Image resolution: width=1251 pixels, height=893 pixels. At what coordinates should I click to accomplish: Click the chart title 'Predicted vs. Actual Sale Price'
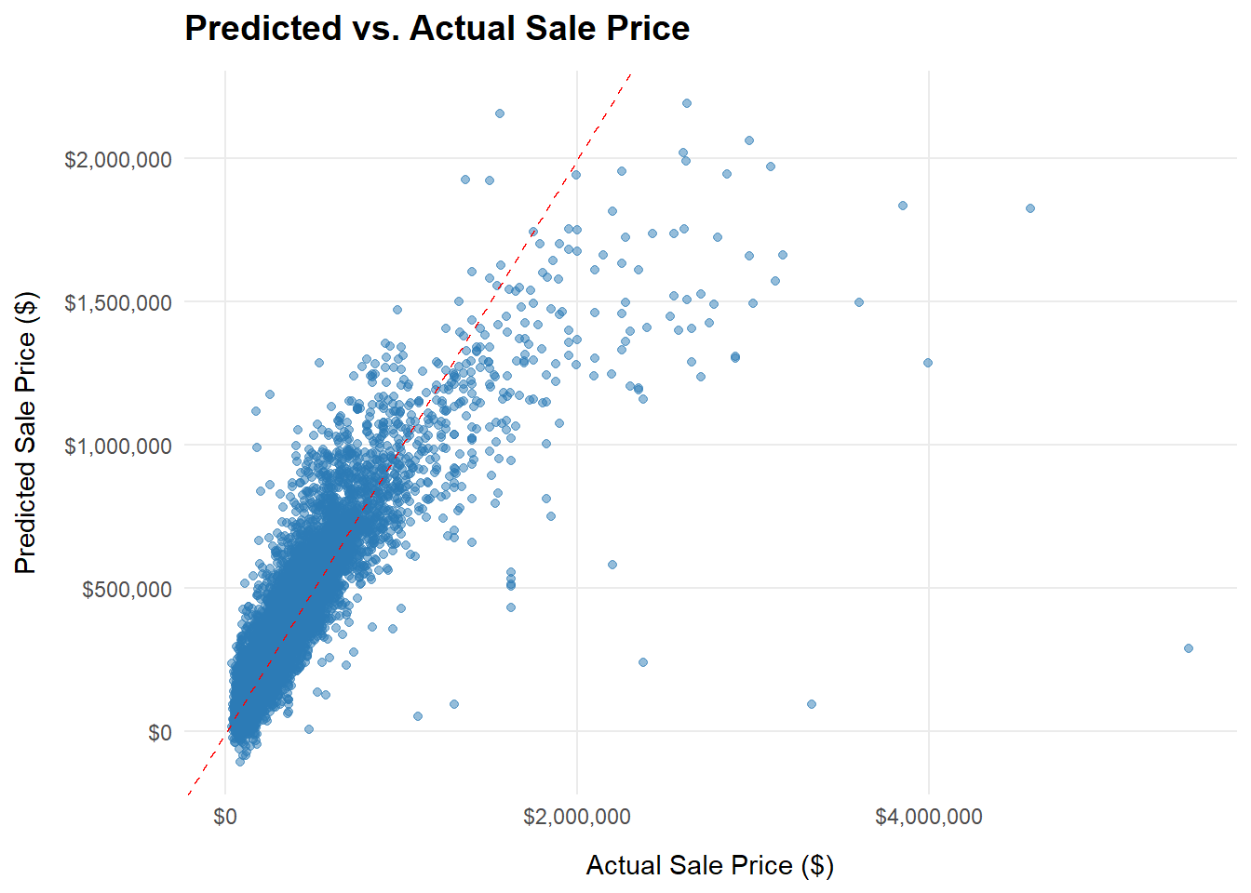437,29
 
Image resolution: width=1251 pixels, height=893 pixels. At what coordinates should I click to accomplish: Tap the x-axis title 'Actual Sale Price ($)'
709,866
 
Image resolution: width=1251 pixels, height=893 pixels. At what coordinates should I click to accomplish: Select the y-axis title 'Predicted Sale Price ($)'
26,433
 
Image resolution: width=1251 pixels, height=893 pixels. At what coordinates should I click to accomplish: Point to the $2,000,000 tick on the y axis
118,160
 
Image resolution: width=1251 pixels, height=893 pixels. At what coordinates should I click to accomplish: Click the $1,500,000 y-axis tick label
118,303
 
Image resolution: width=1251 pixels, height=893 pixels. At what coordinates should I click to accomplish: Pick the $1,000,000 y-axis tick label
118,446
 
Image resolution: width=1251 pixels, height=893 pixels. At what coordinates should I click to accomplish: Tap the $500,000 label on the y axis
127,590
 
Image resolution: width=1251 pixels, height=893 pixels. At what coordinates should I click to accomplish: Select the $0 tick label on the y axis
159,733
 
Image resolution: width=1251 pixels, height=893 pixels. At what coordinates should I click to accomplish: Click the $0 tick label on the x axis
225,817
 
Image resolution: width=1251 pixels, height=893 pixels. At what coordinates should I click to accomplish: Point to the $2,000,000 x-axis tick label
576,817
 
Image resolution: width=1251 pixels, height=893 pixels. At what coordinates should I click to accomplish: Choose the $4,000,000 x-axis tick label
928,817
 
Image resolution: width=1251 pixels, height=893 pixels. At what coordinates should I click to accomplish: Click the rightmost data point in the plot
1189,648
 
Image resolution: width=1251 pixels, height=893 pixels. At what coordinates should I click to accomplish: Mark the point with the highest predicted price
687,103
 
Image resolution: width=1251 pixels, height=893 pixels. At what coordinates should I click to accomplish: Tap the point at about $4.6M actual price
1030,208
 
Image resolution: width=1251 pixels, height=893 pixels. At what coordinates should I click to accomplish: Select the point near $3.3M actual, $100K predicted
812,704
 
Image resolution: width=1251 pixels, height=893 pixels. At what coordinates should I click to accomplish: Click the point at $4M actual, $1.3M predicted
928,363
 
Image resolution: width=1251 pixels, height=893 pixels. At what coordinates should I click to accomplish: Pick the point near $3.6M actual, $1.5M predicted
859,302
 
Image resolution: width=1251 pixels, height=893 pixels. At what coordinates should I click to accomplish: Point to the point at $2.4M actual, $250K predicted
643,662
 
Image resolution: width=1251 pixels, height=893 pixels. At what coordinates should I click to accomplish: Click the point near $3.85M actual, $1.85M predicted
903,206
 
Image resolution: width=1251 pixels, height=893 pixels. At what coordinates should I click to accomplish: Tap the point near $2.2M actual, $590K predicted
612,565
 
